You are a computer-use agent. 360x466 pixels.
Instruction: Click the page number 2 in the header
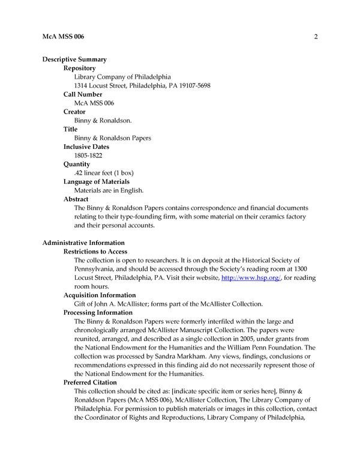point(315,37)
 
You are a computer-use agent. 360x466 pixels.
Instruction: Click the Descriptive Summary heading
point(74,59)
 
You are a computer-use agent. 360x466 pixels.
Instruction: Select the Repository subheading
point(80,68)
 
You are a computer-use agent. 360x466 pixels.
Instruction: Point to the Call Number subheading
point(83,94)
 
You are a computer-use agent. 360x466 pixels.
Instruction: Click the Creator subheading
point(74,112)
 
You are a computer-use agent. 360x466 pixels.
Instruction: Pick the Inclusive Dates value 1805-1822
point(89,156)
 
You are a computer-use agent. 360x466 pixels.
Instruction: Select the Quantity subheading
point(77,164)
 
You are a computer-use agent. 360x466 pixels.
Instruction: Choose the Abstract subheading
point(76,199)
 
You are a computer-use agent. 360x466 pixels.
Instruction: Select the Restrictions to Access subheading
point(95,252)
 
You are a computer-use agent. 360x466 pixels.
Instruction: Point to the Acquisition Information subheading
point(100,295)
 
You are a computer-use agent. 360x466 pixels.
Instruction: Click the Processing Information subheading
point(98,313)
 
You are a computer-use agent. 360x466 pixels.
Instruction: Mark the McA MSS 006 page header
point(64,37)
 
